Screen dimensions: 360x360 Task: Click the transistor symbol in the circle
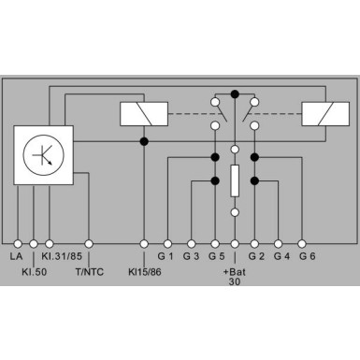point(44,154)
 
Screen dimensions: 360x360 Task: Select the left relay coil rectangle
point(144,114)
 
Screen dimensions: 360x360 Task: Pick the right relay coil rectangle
point(325,114)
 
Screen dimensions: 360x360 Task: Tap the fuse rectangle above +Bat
point(235,180)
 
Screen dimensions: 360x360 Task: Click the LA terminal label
point(16,256)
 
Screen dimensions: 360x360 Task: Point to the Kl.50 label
point(35,272)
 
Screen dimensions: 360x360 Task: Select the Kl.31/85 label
point(62,256)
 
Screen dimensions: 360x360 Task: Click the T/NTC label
point(90,272)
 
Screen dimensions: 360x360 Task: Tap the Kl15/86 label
point(145,272)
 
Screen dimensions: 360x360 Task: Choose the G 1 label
point(166,256)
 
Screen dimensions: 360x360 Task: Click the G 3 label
point(191,256)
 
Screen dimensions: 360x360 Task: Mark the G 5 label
point(216,256)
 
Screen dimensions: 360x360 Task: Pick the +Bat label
point(235,272)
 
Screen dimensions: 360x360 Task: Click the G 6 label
point(308,256)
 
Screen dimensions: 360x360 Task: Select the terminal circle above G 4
point(278,244)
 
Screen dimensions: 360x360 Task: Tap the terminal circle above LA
point(18,244)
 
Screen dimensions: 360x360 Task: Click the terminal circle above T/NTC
point(89,244)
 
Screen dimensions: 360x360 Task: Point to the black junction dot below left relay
point(144,141)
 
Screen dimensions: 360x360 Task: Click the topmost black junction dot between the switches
point(235,94)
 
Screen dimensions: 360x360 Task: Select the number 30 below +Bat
point(235,281)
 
